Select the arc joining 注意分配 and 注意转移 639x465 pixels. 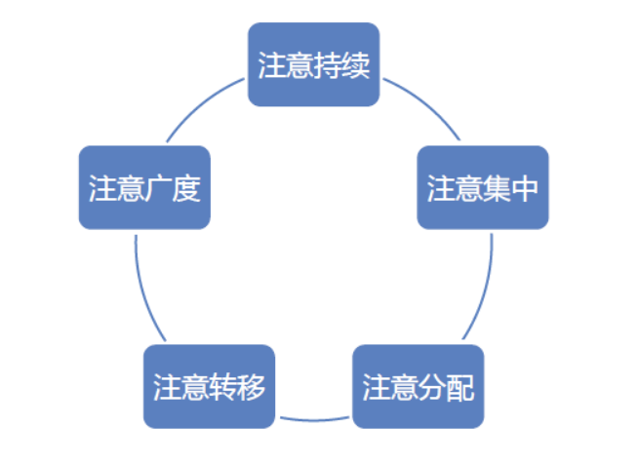point(314,420)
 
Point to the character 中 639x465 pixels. point(526,188)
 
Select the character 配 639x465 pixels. point(461,387)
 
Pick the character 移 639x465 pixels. point(252,387)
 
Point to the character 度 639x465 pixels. point(186,188)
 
